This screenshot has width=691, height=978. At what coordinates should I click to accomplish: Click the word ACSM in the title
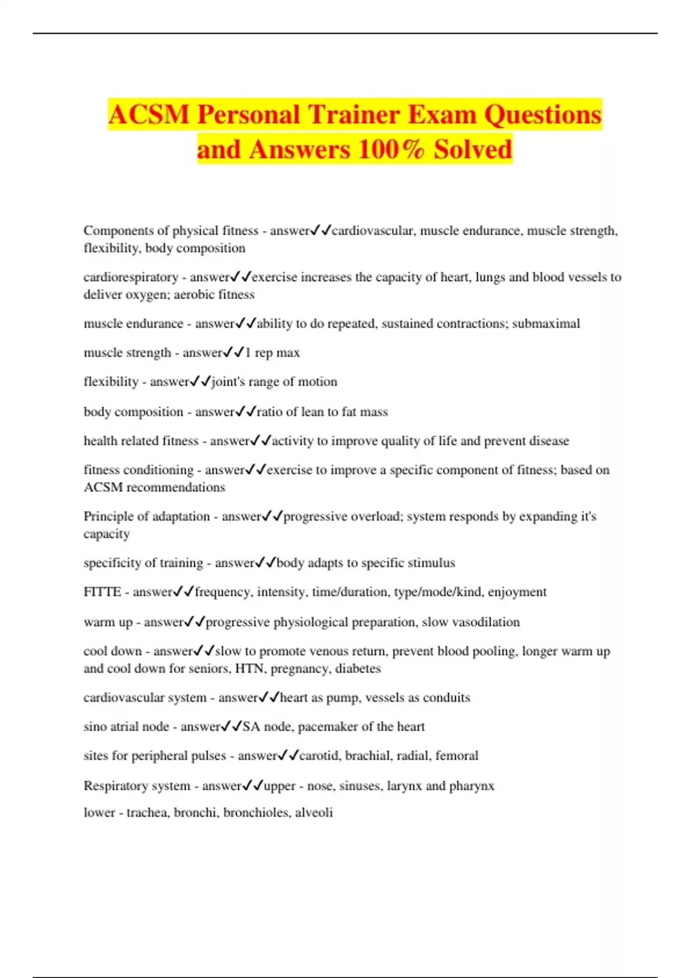pos(149,114)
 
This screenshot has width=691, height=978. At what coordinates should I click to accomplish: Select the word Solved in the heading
pos(473,150)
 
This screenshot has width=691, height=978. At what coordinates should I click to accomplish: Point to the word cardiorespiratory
pos(131,277)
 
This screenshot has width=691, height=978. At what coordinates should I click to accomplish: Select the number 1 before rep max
pos(248,353)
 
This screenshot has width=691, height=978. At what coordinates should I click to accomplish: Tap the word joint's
pos(228,382)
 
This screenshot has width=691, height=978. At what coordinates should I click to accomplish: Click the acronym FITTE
pos(102,592)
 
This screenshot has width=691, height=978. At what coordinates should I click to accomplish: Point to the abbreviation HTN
pos(249,669)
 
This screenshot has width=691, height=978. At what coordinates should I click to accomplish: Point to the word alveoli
pos(314,813)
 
